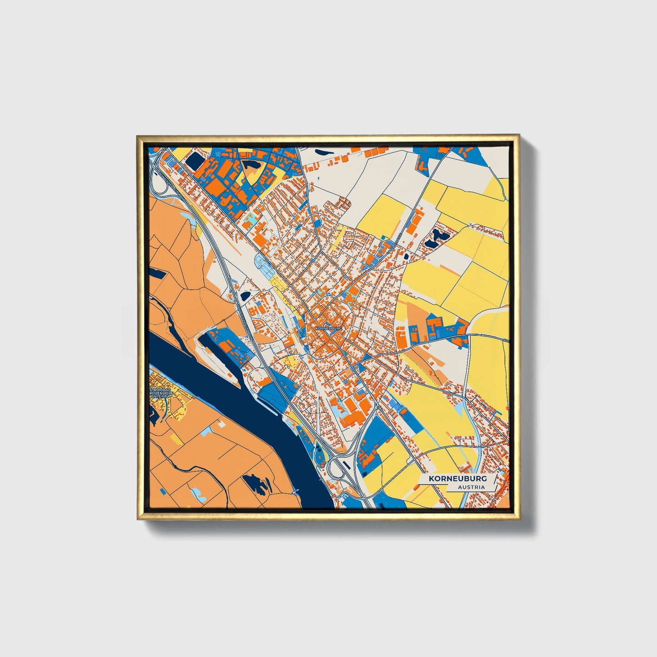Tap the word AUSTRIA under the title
click(471, 487)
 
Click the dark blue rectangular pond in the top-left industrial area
click(196, 161)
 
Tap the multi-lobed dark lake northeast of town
click(437, 237)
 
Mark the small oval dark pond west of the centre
click(245, 296)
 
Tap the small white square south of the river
click(221, 424)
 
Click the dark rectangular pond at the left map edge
click(157, 273)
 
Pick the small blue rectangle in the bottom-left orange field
click(198, 491)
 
